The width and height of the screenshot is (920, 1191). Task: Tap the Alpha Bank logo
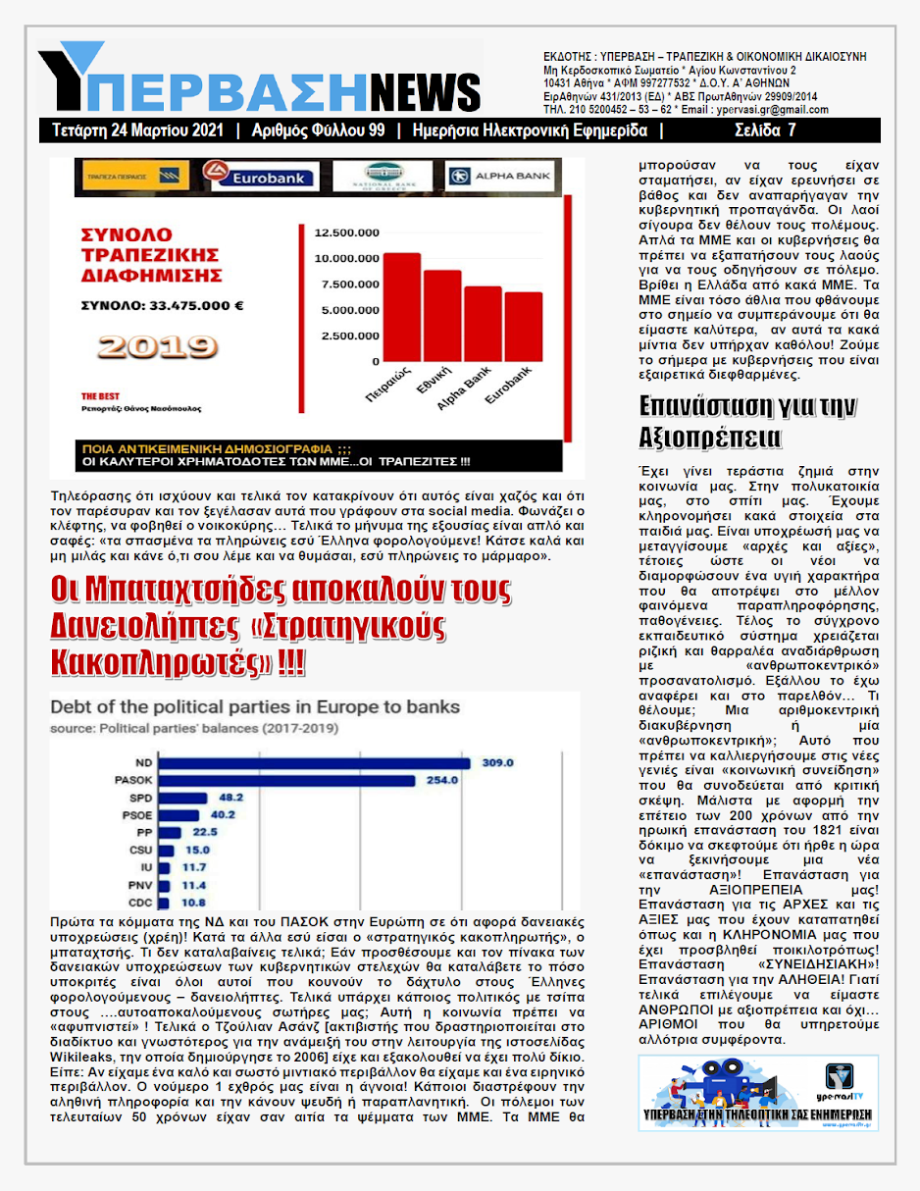point(500,177)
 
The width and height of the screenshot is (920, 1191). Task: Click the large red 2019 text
point(158,346)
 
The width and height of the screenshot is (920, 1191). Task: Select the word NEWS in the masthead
point(425,91)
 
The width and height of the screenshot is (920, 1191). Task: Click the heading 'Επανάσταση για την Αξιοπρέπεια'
point(734,421)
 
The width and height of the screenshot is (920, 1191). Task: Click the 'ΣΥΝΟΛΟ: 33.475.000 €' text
point(162,305)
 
